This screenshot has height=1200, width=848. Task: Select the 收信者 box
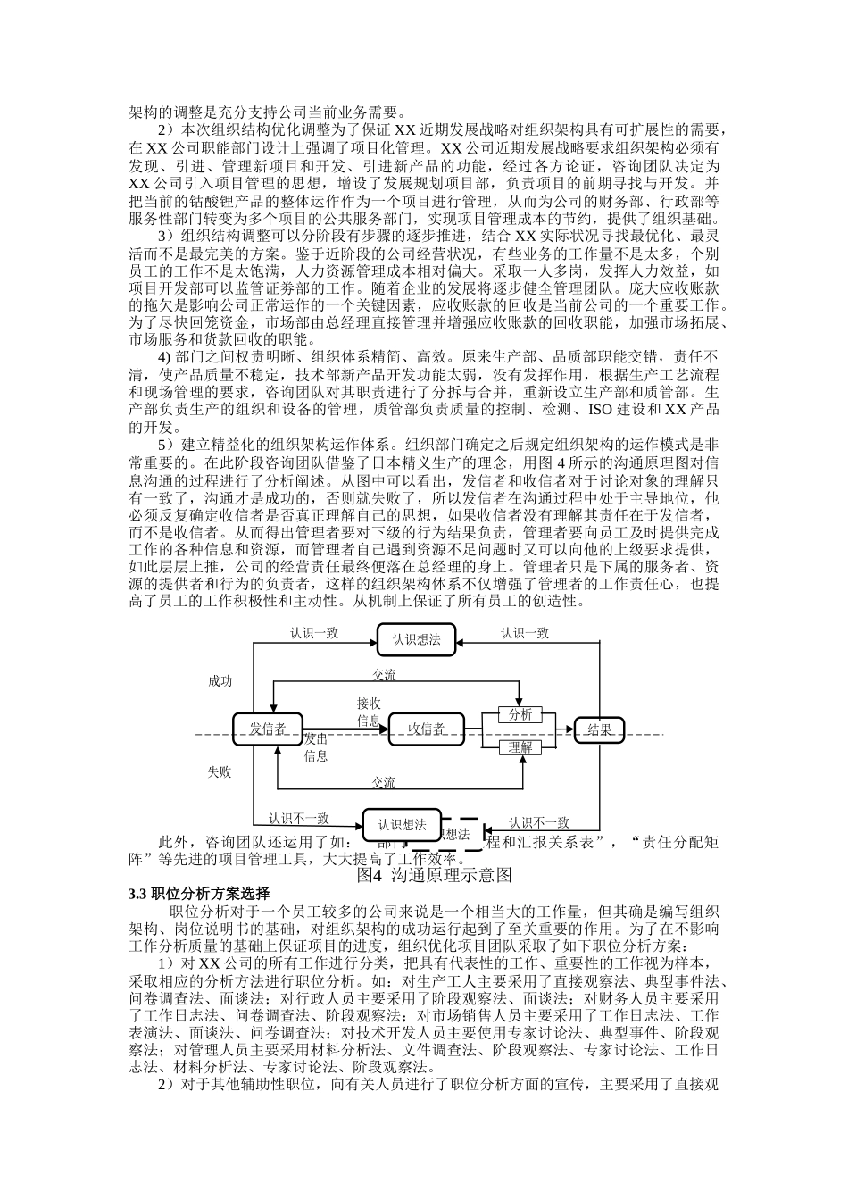pos(426,729)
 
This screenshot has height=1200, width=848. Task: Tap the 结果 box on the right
pos(600,729)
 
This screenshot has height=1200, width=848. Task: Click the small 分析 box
pos(520,715)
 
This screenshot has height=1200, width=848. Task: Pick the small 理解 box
pos(520,747)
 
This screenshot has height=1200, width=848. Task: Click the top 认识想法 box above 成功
pos(416,639)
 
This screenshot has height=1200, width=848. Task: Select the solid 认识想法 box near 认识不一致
pos(402,824)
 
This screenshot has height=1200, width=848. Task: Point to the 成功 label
pos(220,681)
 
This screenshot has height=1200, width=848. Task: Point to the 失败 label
pos(220,771)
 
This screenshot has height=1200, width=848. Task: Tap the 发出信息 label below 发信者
pos(316,747)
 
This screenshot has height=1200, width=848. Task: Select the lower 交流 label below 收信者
pos(384,783)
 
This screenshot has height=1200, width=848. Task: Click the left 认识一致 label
pos(314,633)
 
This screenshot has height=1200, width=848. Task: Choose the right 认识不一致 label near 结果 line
pos(539,822)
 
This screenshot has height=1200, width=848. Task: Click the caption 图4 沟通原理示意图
pos(434,875)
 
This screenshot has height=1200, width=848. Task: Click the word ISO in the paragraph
pos(600,410)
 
